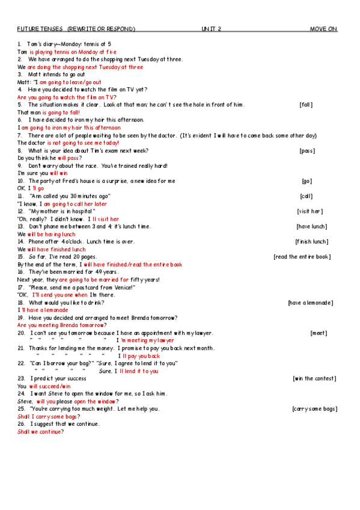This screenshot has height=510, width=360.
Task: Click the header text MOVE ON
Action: pos(323,29)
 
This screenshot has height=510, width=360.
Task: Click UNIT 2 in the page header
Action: pos(212,29)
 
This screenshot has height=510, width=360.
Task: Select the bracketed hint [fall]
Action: pos(307,105)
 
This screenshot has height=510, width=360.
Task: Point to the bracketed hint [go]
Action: pos(307,181)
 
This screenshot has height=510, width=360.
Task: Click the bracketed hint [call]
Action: pos(306,196)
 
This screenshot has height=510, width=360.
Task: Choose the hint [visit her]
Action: pos(310,211)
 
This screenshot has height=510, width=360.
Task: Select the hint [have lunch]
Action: pos(311,226)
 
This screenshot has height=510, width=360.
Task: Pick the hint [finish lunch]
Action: pos(311,242)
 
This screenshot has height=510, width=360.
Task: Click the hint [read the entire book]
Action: pos(302,257)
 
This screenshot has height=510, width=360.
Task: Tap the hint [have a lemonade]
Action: pos(310,303)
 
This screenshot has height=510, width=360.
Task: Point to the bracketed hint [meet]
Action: pos(319,333)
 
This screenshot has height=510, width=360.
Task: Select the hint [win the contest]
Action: pos(314,378)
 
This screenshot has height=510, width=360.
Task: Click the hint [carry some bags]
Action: pos(314,409)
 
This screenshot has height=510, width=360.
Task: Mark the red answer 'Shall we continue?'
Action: pos(40,432)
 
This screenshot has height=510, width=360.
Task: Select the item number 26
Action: pos(21,424)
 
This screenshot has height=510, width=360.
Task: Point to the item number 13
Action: pos(21,226)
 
